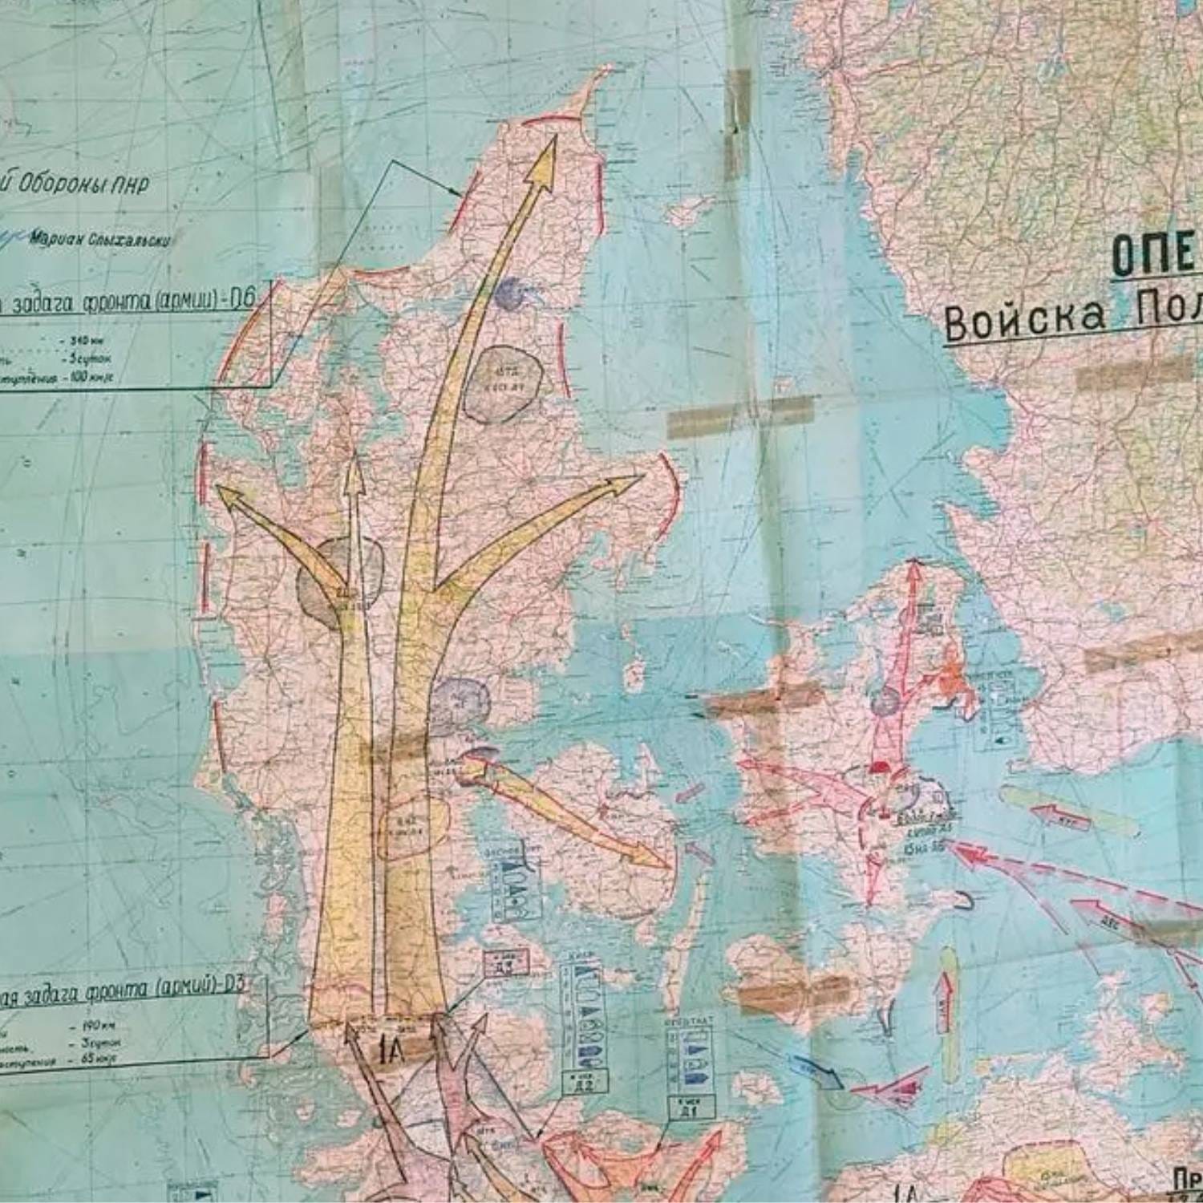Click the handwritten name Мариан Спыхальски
(x=100, y=239)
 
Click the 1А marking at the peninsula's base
(x=393, y=1047)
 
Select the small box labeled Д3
(x=505, y=962)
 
